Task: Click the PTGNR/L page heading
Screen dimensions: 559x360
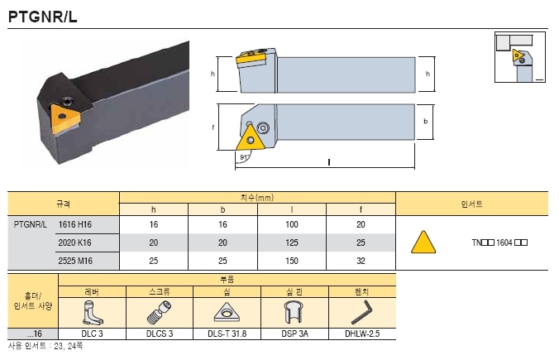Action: (42, 17)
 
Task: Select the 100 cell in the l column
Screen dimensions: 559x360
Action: (292, 224)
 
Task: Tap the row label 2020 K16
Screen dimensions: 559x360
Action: (75, 242)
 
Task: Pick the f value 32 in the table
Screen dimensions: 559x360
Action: (361, 261)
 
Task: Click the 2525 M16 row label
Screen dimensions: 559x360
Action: (75, 261)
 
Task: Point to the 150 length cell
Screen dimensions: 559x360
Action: (292, 261)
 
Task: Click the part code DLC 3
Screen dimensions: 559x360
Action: (92, 334)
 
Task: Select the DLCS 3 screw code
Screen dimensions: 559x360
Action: (160, 334)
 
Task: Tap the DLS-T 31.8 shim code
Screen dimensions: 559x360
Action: (227, 334)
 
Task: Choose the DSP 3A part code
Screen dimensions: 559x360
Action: (295, 334)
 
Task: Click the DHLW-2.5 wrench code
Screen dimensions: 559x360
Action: (362, 334)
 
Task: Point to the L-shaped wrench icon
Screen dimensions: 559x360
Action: (361, 313)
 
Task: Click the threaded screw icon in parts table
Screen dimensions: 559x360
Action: (160, 313)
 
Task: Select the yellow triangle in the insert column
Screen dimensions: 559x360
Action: (423, 242)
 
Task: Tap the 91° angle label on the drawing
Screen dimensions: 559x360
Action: (244, 157)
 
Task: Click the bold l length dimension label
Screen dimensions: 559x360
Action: (328, 162)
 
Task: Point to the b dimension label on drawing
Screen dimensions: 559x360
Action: (425, 122)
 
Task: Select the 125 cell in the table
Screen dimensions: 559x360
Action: (292, 242)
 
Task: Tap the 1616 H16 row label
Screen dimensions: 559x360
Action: (75, 224)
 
